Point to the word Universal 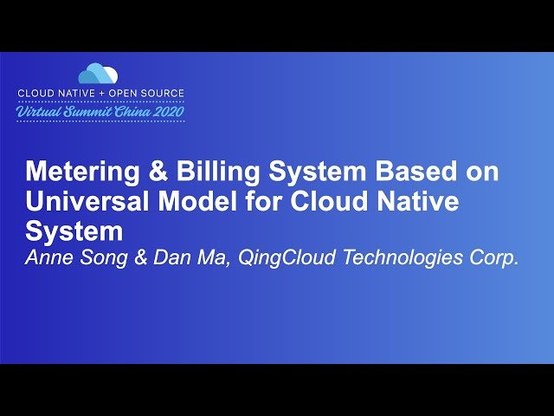pyautogui.click(x=79, y=202)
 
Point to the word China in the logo pyautogui.click(x=130, y=112)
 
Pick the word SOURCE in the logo pyautogui.click(x=161, y=93)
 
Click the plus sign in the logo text pyautogui.click(x=107, y=93)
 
